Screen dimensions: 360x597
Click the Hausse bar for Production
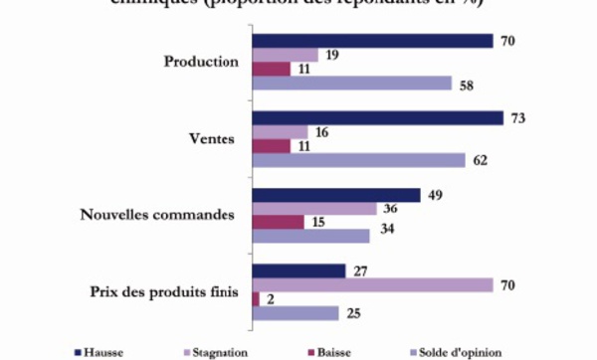tap(373, 41)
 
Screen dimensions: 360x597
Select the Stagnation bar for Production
tap(286, 56)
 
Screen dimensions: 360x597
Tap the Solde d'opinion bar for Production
tap(352, 85)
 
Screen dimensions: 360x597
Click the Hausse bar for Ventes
tap(378, 118)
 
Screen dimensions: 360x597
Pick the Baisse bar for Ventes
tap(272, 146)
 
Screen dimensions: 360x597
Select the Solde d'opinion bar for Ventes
tap(359, 161)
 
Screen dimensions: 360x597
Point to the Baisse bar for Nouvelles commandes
tap(279, 222)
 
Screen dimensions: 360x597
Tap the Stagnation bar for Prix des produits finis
tap(373, 285)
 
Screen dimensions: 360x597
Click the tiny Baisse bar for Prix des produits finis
tap(256, 299)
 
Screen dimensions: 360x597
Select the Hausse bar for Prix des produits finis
tap(299, 270)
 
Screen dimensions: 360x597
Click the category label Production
tap(201, 62)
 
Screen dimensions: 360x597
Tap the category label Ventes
tap(216, 139)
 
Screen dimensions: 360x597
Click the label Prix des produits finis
tap(173, 292)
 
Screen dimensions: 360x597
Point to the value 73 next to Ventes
tap(517, 118)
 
